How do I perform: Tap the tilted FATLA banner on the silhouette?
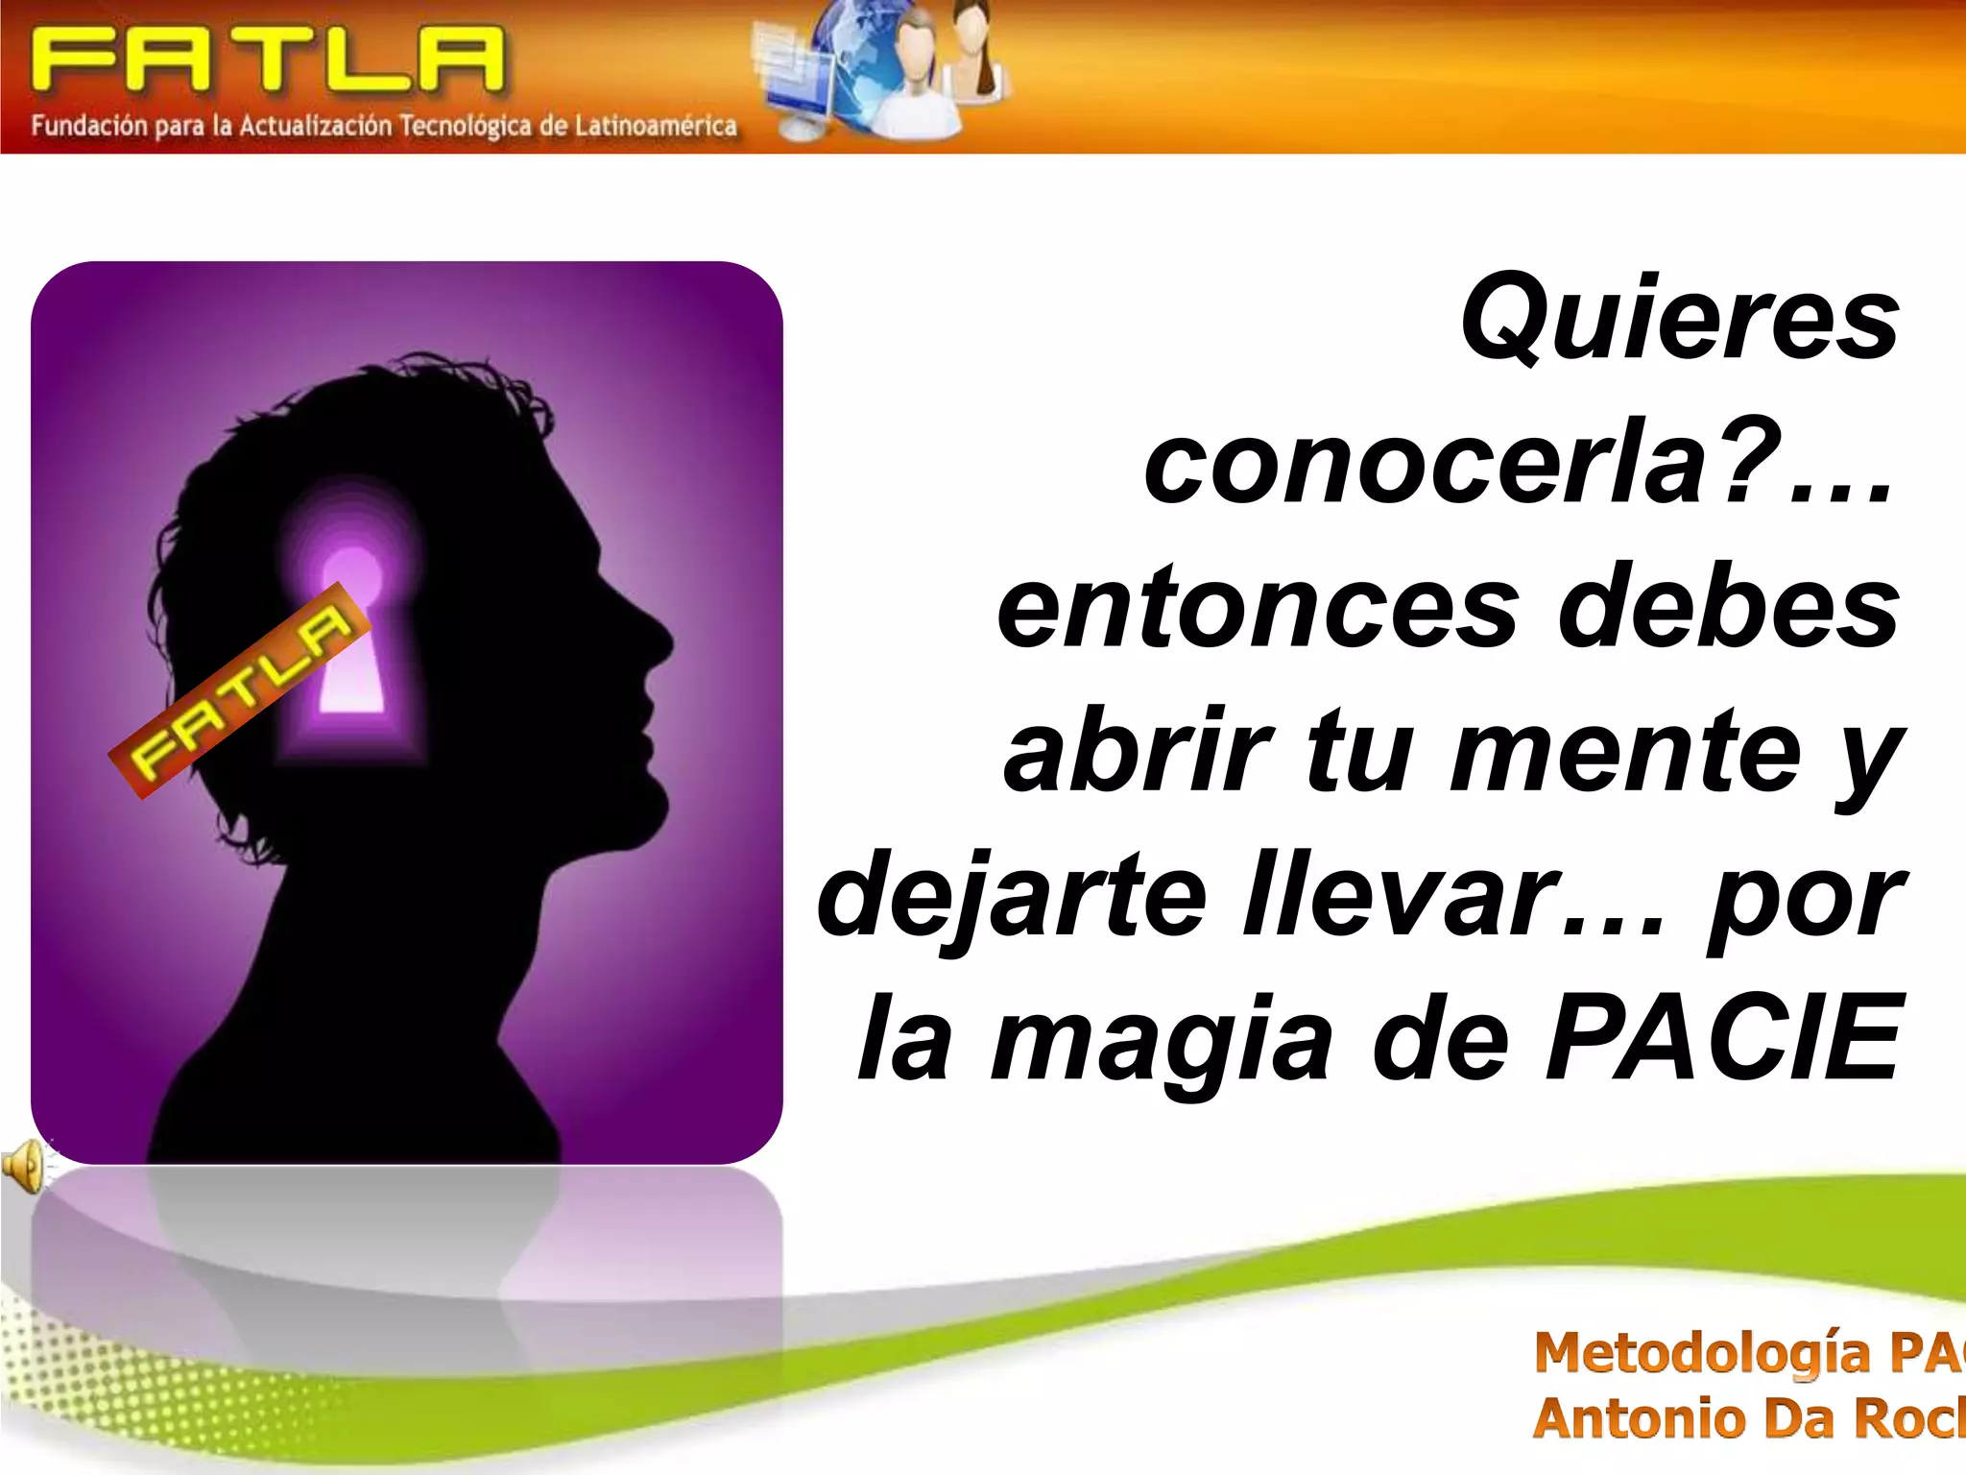click(x=240, y=689)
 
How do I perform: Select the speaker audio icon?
click(x=23, y=1165)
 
